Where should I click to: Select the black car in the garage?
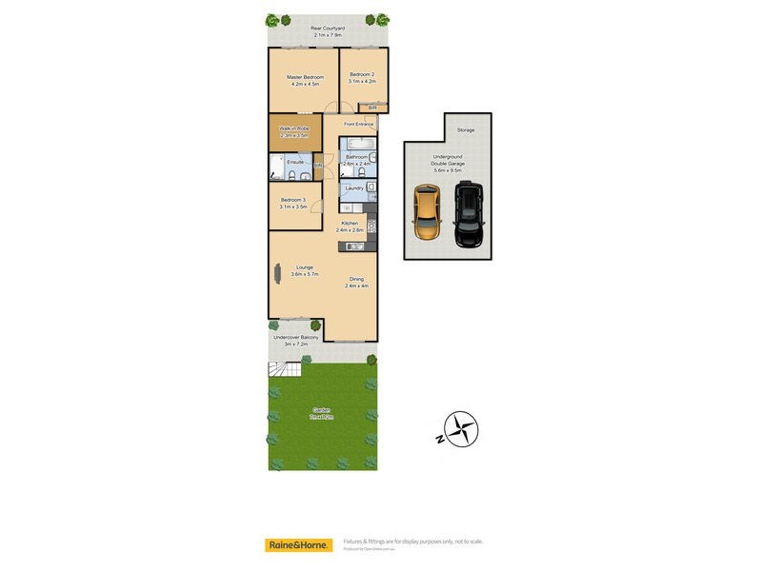click(468, 214)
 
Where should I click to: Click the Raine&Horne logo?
click(297, 545)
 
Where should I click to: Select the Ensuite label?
click(296, 162)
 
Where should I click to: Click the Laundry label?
click(353, 188)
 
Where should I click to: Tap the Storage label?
click(465, 129)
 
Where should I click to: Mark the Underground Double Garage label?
click(448, 161)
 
